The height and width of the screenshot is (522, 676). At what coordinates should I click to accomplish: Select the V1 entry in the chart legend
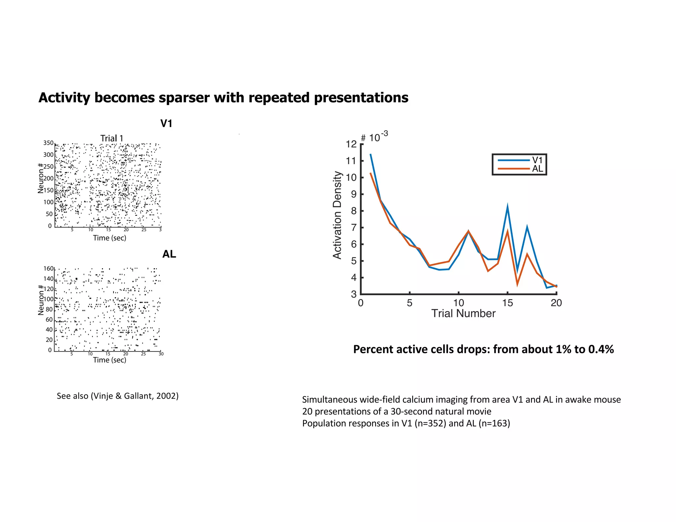(x=537, y=160)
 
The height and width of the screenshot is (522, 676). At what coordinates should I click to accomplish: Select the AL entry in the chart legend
(x=537, y=169)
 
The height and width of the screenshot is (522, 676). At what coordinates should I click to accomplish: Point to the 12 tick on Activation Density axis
(x=351, y=144)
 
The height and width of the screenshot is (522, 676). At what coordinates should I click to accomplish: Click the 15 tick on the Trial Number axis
(x=507, y=303)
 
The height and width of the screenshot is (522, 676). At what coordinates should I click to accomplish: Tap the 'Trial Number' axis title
(x=463, y=313)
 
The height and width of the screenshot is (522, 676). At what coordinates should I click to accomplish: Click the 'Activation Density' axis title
(x=337, y=215)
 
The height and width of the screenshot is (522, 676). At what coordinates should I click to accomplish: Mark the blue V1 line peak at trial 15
(x=507, y=207)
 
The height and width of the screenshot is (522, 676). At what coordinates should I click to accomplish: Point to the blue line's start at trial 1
(x=370, y=154)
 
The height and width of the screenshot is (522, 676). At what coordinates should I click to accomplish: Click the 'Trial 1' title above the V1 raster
(x=112, y=138)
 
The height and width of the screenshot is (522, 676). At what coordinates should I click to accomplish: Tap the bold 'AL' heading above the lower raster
(x=169, y=254)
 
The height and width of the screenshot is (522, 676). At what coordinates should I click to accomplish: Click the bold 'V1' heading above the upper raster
(x=166, y=124)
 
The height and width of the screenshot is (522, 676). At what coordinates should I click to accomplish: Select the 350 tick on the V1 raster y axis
(x=48, y=143)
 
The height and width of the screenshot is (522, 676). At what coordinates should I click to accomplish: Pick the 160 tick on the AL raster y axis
(x=48, y=269)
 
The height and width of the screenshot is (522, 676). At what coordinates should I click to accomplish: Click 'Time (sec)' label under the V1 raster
(x=110, y=238)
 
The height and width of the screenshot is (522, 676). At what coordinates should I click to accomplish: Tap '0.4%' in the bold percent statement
(x=601, y=349)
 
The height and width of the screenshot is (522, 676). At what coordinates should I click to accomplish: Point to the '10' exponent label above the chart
(x=374, y=138)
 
